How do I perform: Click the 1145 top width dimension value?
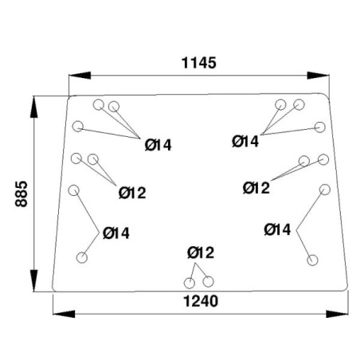pos(199,63)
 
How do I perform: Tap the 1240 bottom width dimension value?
pos(201,301)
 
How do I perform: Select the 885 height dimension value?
pos(22,194)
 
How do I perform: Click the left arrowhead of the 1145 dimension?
pos(80,76)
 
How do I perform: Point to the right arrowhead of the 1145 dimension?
pos(318,76)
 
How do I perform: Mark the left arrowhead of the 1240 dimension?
pos(64,314)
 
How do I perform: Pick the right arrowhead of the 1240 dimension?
pos(337,314)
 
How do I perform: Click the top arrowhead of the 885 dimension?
pos(34,107)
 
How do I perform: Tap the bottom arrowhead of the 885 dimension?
pos(34,280)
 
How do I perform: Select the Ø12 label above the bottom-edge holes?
pos(201,252)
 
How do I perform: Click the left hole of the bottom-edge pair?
pos(190,283)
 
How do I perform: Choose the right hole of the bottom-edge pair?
pos(208,282)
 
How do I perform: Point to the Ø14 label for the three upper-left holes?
pos(158,145)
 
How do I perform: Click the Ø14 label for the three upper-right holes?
pos(245,141)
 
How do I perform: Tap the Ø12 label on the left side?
pos(132,193)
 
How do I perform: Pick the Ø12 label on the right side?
pos(256,188)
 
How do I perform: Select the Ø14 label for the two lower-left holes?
pos(116,233)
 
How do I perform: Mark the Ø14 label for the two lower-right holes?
pos(277,229)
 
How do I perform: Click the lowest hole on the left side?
pos(82,257)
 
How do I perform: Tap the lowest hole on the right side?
pos(312,260)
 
